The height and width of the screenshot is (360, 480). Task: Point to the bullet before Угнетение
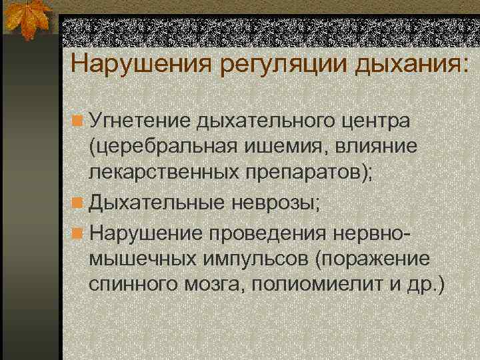click(78, 122)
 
